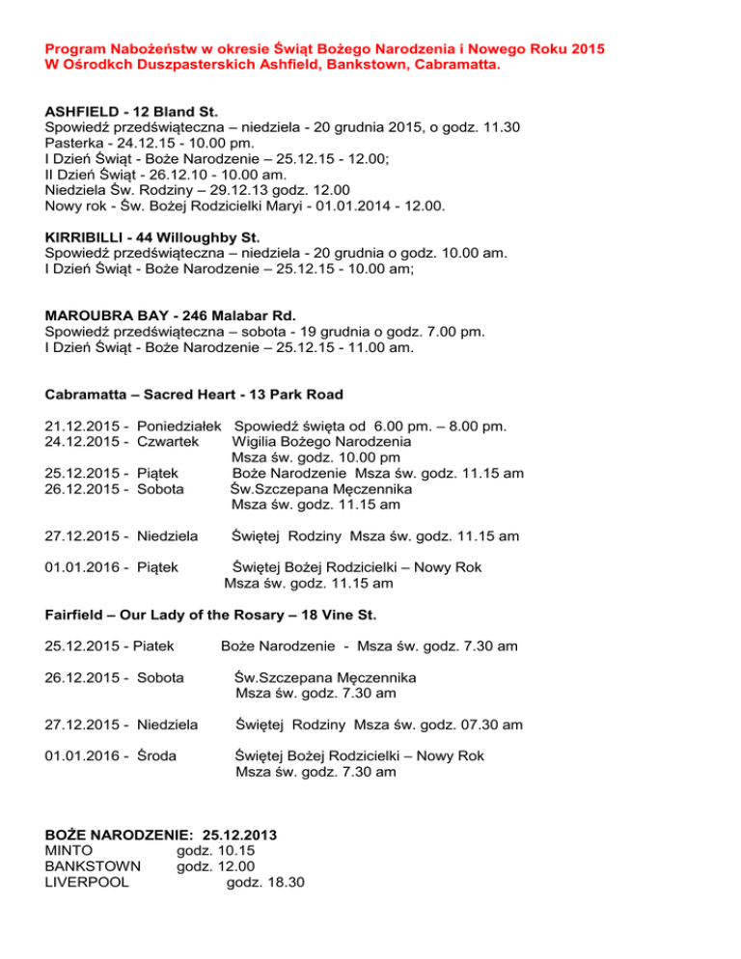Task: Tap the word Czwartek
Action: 170,441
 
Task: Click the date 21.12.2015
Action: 84,425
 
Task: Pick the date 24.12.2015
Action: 84,441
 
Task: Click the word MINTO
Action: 69,850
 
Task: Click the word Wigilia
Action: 259,441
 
